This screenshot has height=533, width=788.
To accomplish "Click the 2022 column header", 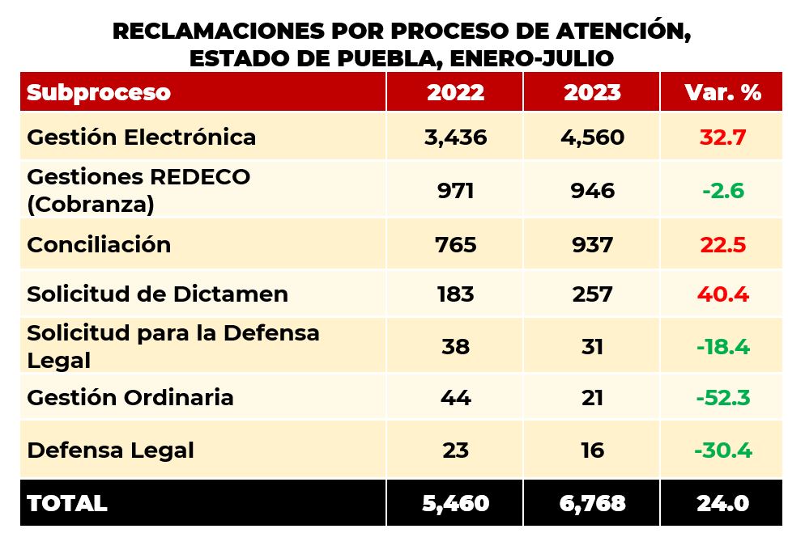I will point(455,92).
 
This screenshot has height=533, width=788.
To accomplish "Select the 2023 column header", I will point(592,92).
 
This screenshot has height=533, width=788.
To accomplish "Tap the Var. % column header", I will point(722,92).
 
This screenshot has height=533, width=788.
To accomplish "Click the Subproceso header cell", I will point(99,92).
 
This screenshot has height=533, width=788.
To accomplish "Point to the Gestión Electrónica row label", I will point(142,137).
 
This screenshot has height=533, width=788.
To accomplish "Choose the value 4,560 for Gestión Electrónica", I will point(592,137).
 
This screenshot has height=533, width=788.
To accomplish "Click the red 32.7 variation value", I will point(722,137).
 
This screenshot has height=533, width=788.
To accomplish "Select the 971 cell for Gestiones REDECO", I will point(455,191).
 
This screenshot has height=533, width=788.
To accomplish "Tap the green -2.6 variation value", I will point(722,191).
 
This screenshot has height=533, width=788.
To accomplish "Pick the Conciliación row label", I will point(99,245).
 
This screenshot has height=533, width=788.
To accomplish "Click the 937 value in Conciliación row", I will point(592,245).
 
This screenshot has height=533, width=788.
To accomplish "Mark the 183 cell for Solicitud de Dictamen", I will point(455,294).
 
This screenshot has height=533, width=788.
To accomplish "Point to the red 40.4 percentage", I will point(722,294).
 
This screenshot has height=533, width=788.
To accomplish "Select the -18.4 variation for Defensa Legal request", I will point(722,347).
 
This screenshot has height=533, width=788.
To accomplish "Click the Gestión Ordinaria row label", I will point(130,398).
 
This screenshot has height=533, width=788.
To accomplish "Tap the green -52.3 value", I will point(722,398).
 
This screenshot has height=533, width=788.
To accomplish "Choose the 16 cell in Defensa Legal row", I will point(592,450).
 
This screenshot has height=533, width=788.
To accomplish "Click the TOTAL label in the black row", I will point(67,503).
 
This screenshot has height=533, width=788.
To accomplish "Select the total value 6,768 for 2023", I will point(592,503).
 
